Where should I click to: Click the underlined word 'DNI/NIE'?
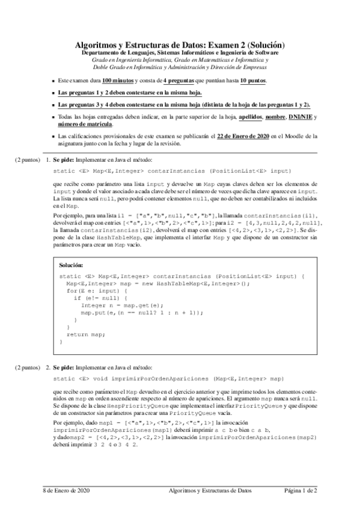(300, 116)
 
